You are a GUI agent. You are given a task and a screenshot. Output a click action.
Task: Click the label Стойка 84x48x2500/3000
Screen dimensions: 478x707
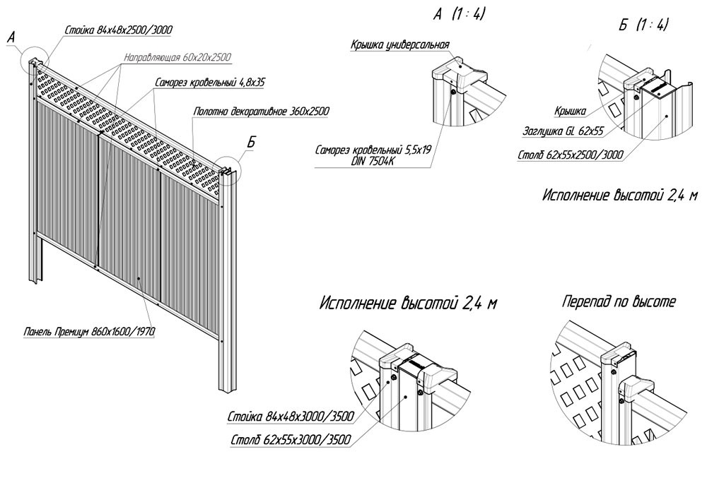point(118,30)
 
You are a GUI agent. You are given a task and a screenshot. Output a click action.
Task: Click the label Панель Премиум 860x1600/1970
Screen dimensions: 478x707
point(88,331)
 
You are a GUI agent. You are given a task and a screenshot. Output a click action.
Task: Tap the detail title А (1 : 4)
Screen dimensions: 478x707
point(460,14)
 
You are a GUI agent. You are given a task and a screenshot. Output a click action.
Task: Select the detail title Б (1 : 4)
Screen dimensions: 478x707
point(643,25)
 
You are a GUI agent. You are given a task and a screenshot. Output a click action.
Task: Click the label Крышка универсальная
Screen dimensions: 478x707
point(399,45)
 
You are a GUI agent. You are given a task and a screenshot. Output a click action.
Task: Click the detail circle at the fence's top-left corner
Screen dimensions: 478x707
point(34,61)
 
